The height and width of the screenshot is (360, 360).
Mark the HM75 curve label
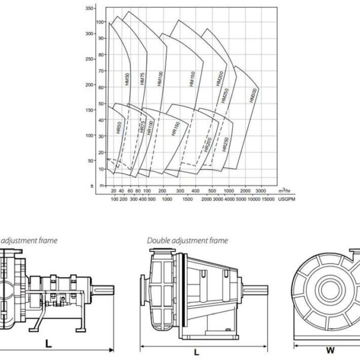click(x=143, y=82)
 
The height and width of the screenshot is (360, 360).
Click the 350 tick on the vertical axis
click(x=89, y=8)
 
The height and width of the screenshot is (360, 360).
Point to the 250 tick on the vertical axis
click(x=89, y=59)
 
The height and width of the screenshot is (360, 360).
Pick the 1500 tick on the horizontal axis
click(x=187, y=199)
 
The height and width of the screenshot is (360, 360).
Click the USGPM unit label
click(x=287, y=199)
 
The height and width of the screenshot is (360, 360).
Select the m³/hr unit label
click(x=286, y=190)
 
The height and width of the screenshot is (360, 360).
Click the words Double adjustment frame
click(x=188, y=240)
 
